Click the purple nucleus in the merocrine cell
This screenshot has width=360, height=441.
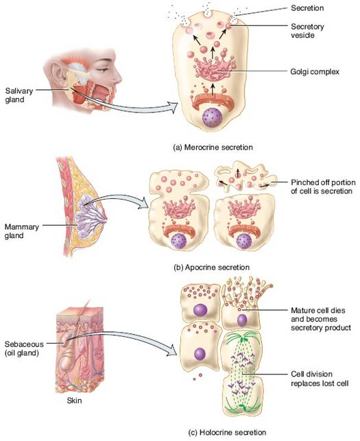pyautogui.click(x=213, y=118)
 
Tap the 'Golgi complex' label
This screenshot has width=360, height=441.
pyautogui.click(x=315, y=72)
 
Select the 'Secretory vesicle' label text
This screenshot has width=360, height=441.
pyautogui.click(x=307, y=31)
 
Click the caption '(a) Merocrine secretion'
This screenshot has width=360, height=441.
pyautogui.click(x=213, y=147)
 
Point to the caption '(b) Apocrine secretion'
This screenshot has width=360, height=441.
pyautogui.click(x=211, y=267)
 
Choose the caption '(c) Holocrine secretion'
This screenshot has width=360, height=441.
pyautogui.click(x=227, y=432)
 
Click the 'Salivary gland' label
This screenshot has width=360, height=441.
pyautogui.click(x=19, y=95)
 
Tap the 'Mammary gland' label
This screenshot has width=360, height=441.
pyautogui.click(x=21, y=231)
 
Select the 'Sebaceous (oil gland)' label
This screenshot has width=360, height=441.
pyautogui.click(x=24, y=348)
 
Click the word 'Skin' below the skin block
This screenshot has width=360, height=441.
pyautogui.click(x=74, y=401)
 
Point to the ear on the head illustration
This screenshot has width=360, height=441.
pyautogui.click(x=56, y=73)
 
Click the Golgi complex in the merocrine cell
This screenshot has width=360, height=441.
pyautogui.click(x=215, y=67)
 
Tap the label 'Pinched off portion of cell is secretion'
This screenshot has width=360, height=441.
pyautogui.click(x=322, y=187)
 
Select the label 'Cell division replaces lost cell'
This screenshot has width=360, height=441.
pyautogui.click(x=320, y=379)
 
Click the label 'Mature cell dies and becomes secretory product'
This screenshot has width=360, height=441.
pyautogui.click(x=321, y=319)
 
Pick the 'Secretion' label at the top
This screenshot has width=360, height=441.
pyautogui.click(x=307, y=8)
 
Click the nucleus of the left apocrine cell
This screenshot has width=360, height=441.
pyautogui.click(x=178, y=241)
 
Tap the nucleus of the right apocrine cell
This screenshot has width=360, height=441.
pyautogui.click(x=243, y=241)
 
